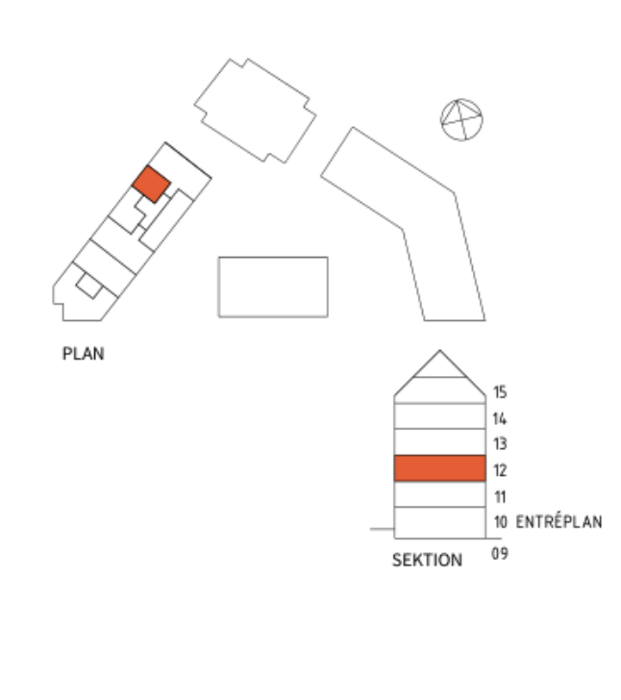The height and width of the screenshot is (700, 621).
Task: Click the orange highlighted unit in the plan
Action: pos(151,184)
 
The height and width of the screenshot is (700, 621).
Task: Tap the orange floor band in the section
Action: pos(439,468)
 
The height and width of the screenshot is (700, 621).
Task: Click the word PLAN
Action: pos(84,354)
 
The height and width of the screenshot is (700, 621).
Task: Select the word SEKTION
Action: pos(427,560)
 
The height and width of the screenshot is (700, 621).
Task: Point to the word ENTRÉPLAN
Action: pos(559,522)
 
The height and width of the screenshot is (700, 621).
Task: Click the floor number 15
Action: pos(500,392)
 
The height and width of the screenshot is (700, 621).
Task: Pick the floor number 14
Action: pos(500,419)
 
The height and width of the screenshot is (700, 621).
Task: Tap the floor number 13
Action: pos(500,444)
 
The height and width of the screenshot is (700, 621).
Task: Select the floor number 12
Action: pos(500,470)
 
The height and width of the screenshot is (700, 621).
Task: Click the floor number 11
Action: pos(501,496)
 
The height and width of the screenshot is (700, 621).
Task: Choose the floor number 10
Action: pos(501,521)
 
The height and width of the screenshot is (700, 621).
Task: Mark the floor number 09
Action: pos(500,554)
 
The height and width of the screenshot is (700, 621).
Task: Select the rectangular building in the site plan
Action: pos(273,287)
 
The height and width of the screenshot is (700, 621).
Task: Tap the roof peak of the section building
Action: pos(439,350)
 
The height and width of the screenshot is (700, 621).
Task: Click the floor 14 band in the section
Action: pos(439,416)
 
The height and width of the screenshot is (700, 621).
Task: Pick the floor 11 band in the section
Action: pos(439,494)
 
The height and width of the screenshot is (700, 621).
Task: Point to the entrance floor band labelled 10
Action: pos(439,523)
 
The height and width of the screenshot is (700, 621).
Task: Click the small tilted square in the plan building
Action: pos(88,286)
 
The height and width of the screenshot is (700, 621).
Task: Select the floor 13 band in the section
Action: pos(439,442)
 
